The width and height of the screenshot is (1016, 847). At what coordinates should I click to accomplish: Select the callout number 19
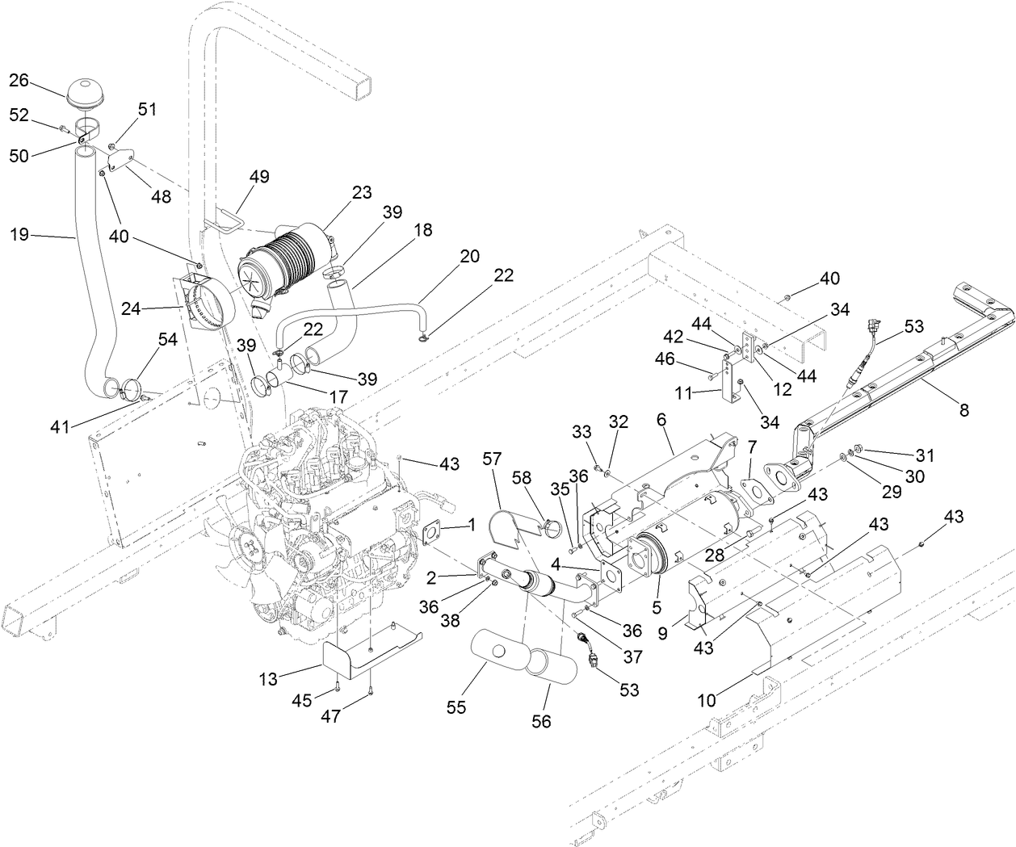(x=19, y=234)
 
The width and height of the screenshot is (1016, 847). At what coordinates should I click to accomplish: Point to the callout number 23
(x=361, y=192)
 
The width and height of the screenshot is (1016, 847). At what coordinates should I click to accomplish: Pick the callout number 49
(x=260, y=176)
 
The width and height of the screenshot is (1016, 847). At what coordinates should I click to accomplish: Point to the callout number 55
(x=457, y=708)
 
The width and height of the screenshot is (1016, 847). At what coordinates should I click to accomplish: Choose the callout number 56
(x=541, y=721)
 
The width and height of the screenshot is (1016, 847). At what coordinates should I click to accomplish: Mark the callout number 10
(x=707, y=701)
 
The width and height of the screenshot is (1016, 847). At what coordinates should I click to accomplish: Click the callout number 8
(x=963, y=409)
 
